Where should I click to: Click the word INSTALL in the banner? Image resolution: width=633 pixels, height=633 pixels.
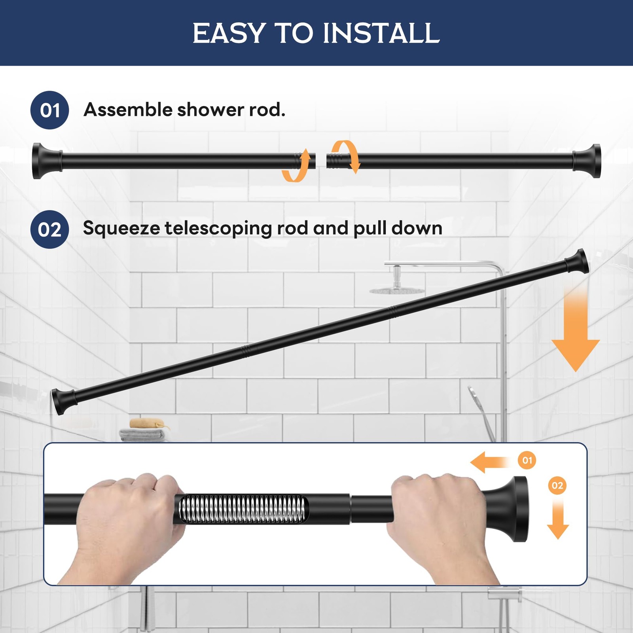[381, 33]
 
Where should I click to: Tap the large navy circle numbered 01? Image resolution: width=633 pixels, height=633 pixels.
[50, 110]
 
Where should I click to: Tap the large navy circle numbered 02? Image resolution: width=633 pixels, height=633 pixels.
[50, 229]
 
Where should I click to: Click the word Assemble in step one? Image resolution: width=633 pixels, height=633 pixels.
[127, 110]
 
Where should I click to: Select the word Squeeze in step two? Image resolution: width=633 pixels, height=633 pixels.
[121, 229]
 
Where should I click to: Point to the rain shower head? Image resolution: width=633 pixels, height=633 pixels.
[397, 291]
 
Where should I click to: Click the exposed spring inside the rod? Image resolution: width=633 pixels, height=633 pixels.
[243, 509]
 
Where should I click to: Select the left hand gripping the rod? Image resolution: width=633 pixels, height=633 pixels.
[127, 522]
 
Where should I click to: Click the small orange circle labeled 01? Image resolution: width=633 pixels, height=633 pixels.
[527, 460]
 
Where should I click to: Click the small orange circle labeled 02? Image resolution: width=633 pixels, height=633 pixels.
[557, 485]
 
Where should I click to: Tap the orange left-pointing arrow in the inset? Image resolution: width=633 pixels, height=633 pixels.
[489, 462]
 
